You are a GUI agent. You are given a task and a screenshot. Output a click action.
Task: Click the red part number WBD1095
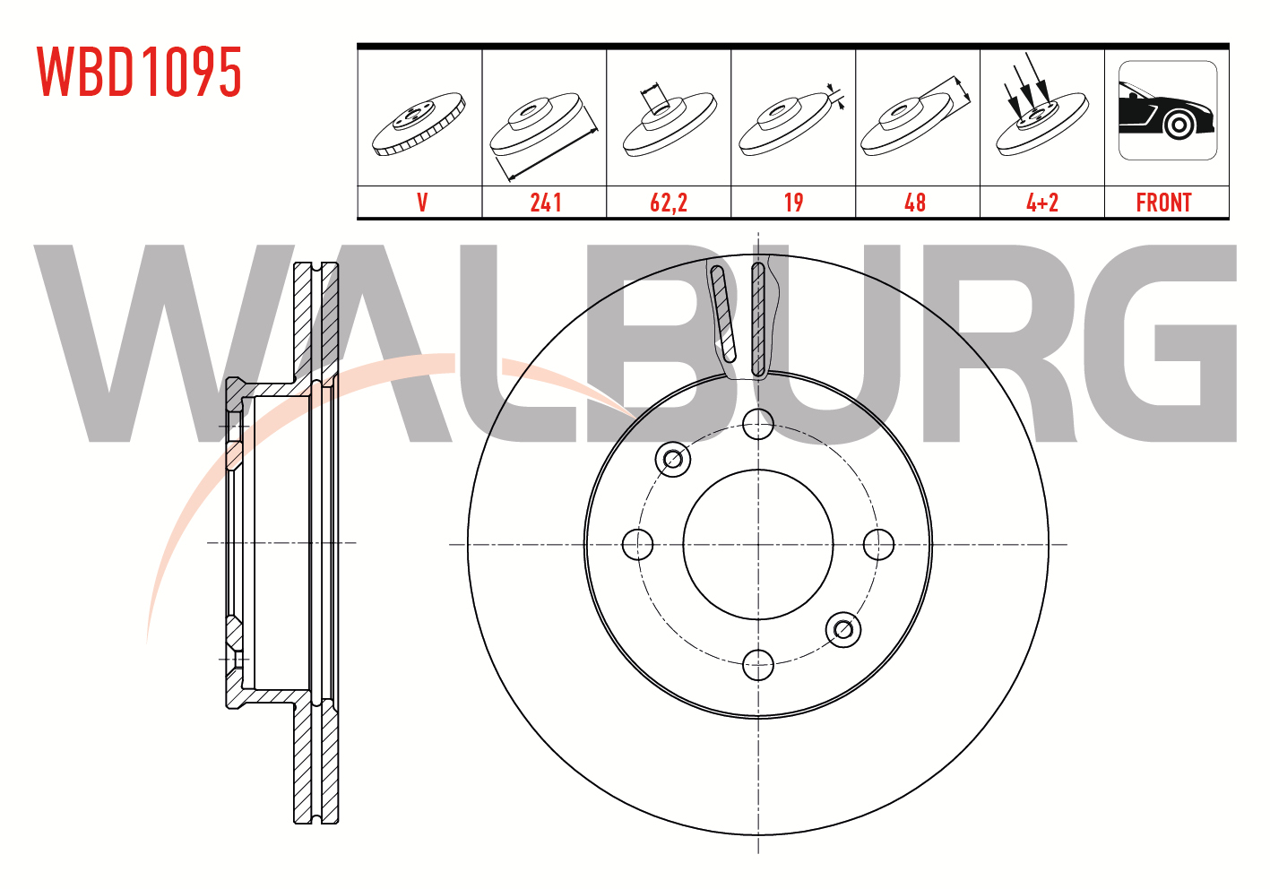click(x=139, y=72)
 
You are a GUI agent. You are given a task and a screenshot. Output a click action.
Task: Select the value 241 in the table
click(x=546, y=203)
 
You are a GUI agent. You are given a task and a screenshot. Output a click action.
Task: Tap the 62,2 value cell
click(x=669, y=203)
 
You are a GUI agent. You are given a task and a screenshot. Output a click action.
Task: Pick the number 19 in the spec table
click(x=793, y=203)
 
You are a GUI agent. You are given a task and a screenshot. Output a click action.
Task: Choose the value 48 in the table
click(x=915, y=203)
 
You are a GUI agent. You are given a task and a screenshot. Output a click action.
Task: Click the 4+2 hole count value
click(x=1042, y=203)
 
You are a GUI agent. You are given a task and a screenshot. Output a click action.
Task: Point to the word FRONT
click(x=1163, y=203)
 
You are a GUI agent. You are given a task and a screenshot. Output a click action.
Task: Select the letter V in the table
click(x=422, y=203)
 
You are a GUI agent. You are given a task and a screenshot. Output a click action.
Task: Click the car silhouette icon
click(x=1168, y=110)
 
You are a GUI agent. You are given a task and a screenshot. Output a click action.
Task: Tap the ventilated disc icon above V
click(x=419, y=125)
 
